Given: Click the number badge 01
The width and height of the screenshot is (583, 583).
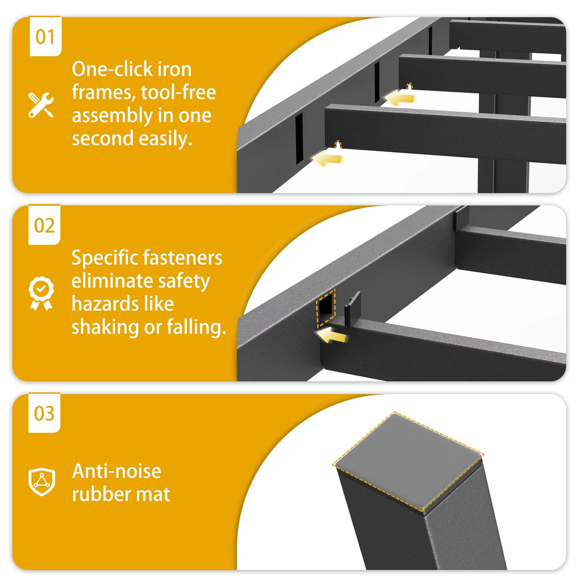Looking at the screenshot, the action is click(46, 36).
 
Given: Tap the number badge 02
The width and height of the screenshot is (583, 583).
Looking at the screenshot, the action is click(44, 225).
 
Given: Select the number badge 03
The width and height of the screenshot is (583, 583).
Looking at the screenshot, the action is click(44, 413).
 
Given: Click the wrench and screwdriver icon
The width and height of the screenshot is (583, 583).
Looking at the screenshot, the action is click(41, 105).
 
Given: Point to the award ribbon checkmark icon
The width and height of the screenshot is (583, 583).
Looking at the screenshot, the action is click(41, 293).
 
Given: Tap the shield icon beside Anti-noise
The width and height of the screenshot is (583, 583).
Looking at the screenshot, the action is click(42, 482).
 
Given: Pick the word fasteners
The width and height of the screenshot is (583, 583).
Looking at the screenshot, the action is click(183, 258).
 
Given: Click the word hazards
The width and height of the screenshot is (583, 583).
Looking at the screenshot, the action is click(104, 304).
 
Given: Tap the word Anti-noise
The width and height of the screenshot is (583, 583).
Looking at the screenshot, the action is click(116, 471).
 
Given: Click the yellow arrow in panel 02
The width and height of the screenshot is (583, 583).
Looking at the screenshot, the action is click(332, 335).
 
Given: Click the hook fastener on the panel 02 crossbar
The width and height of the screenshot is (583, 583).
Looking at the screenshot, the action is click(352, 307).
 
